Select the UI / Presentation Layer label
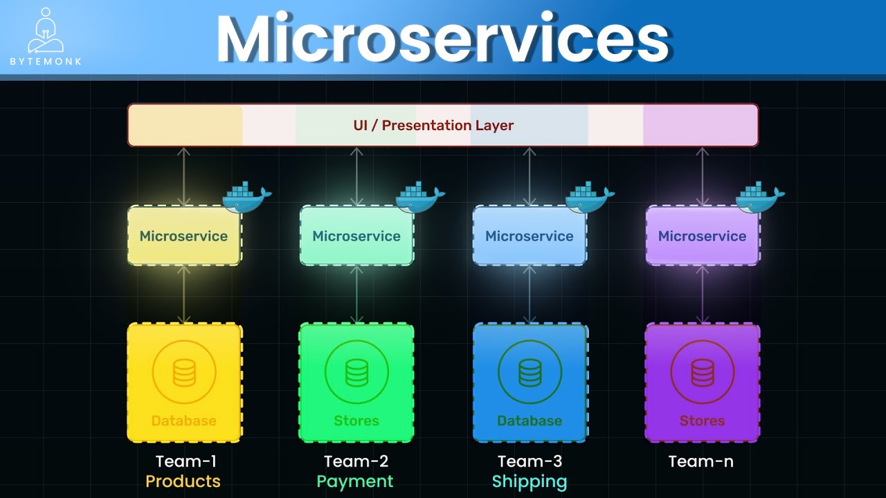(433, 125)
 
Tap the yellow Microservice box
(183, 236)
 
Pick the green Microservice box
(356, 236)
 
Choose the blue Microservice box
(530, 236)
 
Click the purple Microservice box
(702, 236)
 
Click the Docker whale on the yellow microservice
(246, 197)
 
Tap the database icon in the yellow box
(184, 373)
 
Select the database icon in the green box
(356, 373)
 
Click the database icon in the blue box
(530, 373)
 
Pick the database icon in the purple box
(702, 373)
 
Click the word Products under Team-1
(183, 481)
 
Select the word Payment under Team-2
(355, 481)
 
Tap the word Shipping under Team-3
(530, 481)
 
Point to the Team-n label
(700, 461)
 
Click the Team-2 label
(356, 461)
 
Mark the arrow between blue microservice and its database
(530, 295)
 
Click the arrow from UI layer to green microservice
(356, 176)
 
